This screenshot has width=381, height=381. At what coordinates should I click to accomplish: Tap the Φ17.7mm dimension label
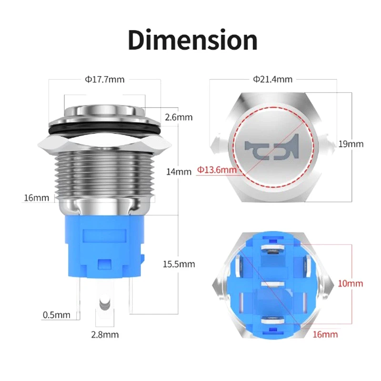tap(105, 80)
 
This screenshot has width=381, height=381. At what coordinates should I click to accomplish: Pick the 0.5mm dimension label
tap(57, 315)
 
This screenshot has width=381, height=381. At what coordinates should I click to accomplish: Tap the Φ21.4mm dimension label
tap(272, 79)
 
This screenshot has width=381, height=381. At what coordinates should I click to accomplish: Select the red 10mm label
tap(350, 283)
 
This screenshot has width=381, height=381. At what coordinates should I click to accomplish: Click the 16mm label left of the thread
tap(36, 198)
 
